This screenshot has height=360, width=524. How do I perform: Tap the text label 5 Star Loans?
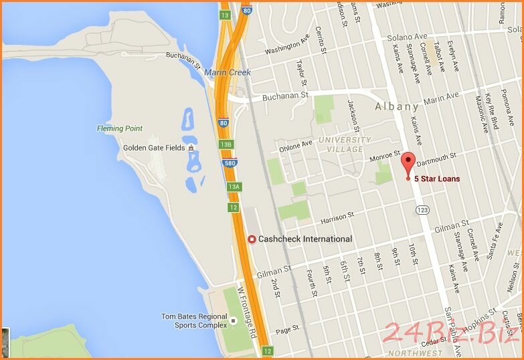(x=437, y=179)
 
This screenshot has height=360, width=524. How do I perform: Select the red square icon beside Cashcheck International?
(x=252, y=239)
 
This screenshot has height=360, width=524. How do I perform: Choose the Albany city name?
(x=397, y=106)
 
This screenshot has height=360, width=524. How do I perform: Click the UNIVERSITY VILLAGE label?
(x=345, y=145)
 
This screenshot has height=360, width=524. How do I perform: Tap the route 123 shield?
(x=422, y=209)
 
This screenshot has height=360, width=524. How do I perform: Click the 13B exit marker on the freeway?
(x=226, y=145)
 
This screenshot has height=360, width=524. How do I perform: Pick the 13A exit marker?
(x=233, y=187)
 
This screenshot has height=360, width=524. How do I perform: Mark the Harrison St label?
(x=337, y=217)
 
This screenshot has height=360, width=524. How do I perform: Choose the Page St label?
(x=286, y=330)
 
